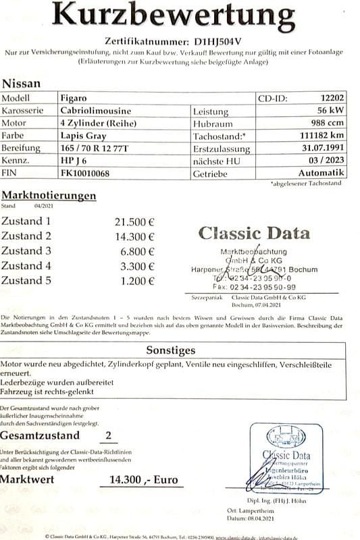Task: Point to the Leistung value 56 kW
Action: [x=331, y=111]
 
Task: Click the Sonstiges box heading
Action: [x=171, y=350]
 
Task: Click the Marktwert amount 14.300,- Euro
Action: [x=138, y=480]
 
